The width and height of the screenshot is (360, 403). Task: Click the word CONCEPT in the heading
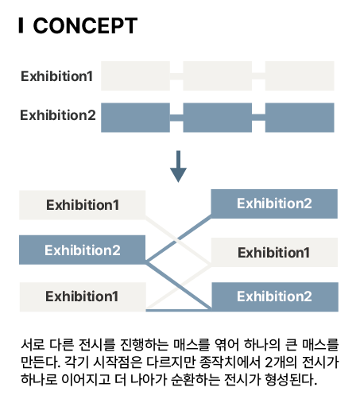85,25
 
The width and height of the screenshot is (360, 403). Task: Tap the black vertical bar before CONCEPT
21,25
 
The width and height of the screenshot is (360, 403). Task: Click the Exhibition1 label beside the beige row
56,76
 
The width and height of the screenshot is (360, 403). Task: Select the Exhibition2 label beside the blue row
58,115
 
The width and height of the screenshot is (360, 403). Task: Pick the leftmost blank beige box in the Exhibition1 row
135,76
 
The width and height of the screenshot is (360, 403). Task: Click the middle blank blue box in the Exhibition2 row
218,118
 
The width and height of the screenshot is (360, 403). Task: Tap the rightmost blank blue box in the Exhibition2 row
300,118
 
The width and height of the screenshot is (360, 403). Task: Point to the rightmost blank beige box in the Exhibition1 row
300,76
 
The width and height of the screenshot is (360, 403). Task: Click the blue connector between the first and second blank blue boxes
176,118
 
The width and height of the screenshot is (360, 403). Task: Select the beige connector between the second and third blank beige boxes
258,76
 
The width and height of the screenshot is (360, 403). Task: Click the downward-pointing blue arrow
178,166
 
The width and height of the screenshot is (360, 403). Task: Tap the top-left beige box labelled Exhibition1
82,205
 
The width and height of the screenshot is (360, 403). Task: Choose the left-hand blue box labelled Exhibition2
82,250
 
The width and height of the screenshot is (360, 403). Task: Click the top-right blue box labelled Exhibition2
274,203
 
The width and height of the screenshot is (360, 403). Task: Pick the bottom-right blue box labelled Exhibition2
275,296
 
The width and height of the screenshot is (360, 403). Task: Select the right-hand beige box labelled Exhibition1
274,252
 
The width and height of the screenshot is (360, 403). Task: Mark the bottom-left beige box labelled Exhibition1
83,296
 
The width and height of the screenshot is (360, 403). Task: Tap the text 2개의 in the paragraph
281,362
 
